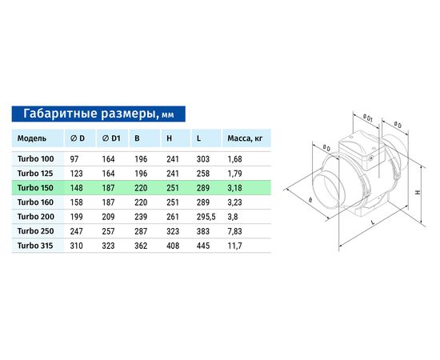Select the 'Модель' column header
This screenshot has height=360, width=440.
tap(32, 138)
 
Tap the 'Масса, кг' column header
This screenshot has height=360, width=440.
tap(246, 138)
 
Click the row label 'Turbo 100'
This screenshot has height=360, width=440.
tap(34, 158)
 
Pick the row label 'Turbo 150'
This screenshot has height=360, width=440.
tap(34, 187)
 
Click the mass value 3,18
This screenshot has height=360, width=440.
tap(235, 187)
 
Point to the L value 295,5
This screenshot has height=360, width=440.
tap(206, 216)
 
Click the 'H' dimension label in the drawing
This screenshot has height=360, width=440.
tap(418, 192)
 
